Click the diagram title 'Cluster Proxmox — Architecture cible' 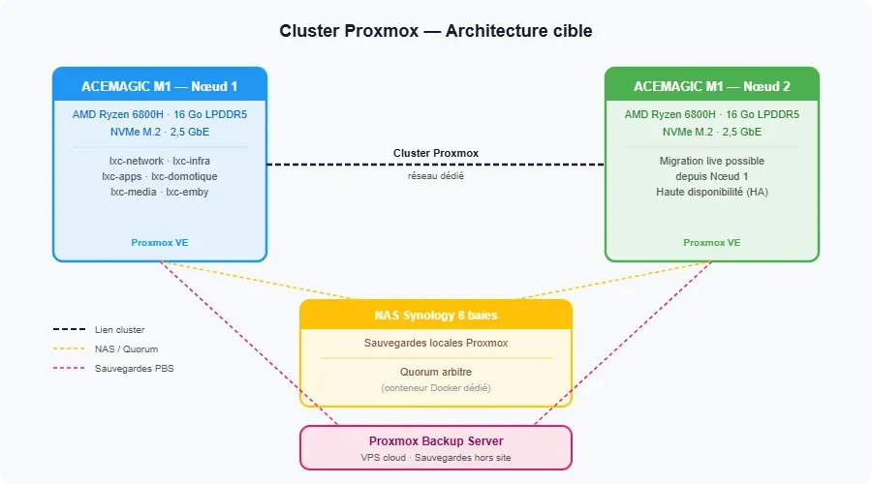click(x=435, y=32)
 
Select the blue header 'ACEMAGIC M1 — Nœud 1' click(x=159, y=86)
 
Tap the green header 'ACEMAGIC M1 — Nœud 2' click(x=711, y=86)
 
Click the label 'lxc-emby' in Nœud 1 click(x=187, y=192)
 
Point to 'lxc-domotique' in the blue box click(x=184, y=176)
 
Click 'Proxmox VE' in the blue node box click(x=159, y=242)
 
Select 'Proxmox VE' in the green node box click(x=711, y=242)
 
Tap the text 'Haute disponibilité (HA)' click(x=711, y=192)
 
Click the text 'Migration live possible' click(x=711, y=161)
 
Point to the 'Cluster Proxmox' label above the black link click(x=435, y=153)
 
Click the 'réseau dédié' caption click(x=435, y=176)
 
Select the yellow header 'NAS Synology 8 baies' click(x=435, y=315)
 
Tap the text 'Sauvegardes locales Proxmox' click(x=435, y=344)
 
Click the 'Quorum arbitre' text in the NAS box click(x=435, y=372)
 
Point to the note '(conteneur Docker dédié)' click(x=435, y=388)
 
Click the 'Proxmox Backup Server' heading click(x=435, y=441)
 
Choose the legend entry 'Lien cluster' click(x=119, y=330)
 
